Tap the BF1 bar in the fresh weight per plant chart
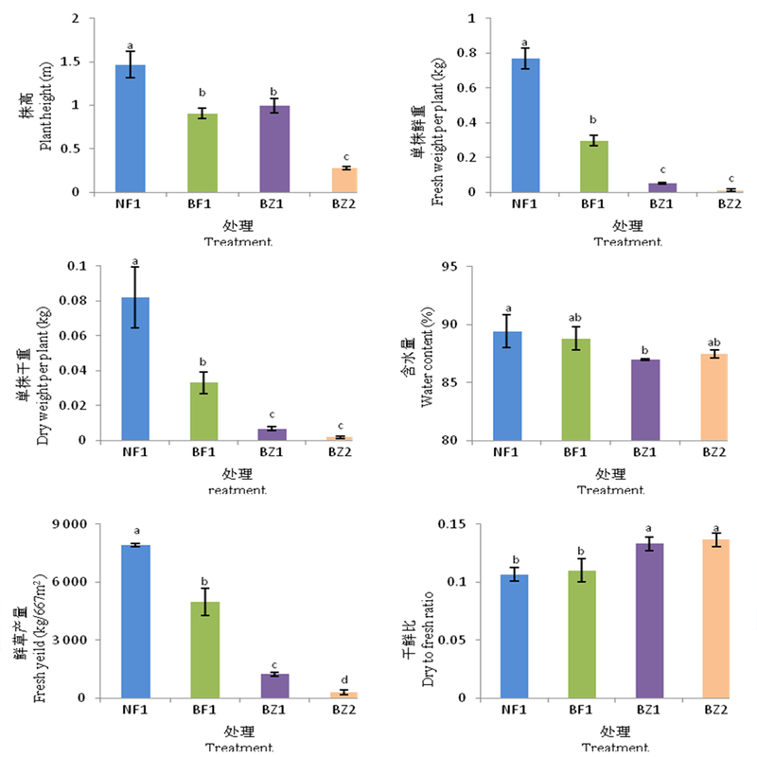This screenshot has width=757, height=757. pos(592,167)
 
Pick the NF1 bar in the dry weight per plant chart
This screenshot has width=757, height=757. pos(133,369)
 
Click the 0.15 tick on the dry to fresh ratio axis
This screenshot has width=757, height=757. pos(454,524)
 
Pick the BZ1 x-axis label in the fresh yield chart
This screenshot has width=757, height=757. pos(273,709)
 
